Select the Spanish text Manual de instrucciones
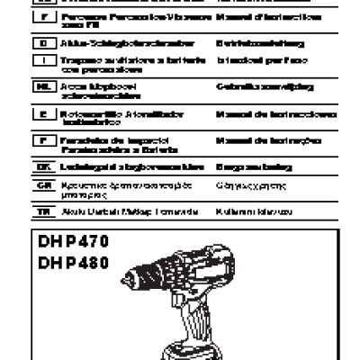tap(262, 116)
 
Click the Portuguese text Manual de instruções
tap(260, 141)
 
